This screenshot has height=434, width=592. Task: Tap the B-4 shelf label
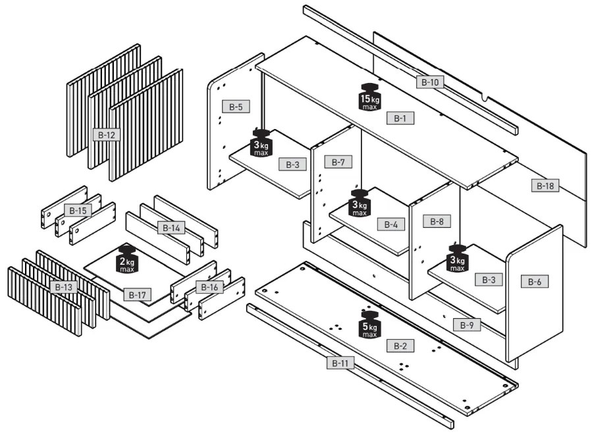pyautogui.click(x=390, y=224)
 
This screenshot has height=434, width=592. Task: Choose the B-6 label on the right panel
pyautogui.click(x=534, y=281)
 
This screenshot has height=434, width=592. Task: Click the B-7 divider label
pyautogui.click(x=338, y=162)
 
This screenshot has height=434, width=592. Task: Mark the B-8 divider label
pyautogui.click(x=437, y=221)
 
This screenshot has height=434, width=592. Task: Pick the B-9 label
pyautogui.click(x=467, y=325)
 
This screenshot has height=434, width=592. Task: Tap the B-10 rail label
pyautogui.click(x=430, y=82)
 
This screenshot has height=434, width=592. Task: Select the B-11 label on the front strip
pyautogui.click(x=340, y=362)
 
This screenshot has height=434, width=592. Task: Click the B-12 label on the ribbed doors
pyautogui.click(x=107, y=135)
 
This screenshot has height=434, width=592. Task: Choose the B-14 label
pyautogui.click(x=171, y=228)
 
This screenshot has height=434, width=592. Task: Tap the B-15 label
pyautogui.click(x=78, y=211)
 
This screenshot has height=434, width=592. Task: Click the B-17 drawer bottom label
pyautogui.click(x=137, y=294)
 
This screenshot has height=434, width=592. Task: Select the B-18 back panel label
pyautogui.click(x=545, y=186)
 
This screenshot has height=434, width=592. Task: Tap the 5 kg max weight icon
pyautogui.click(x=369, y=324)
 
